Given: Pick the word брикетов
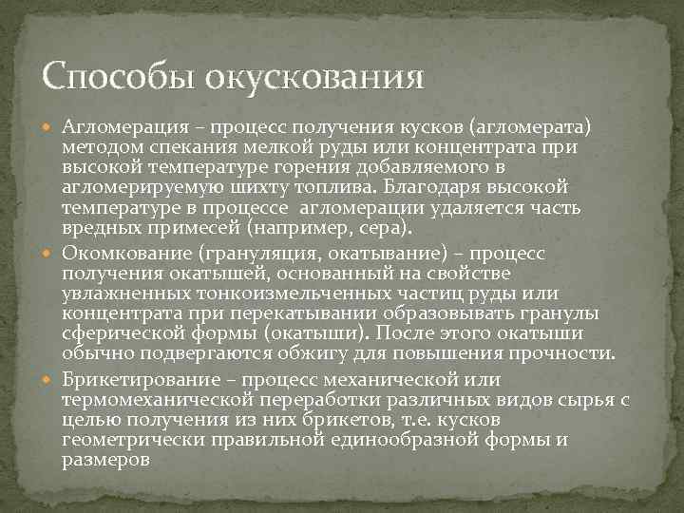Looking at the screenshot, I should point(336,420).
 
